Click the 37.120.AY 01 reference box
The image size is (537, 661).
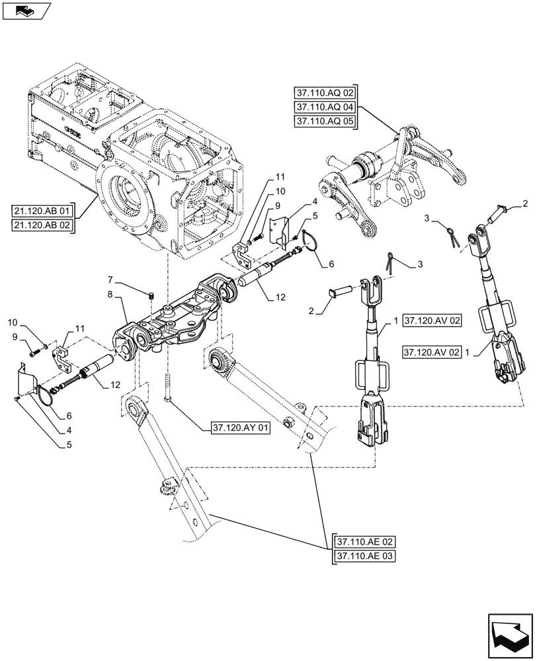tap(241, 428)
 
